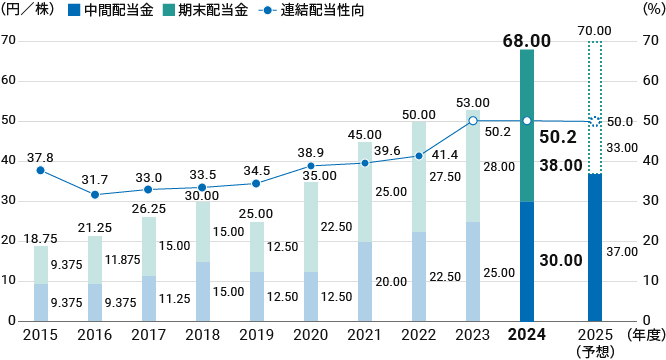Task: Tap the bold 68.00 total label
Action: pyautogui.click(x=526, y=41)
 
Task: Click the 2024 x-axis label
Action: pyautogui.click(x=526, y=334)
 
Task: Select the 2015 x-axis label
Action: pyautogui.click(x=40, y=334)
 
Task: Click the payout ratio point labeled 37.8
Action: pyautogui.click(x=40, y=170)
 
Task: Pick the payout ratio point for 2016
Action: pyautogui.click(x=94, y=194)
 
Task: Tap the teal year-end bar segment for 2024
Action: pyautogui.click(x=526, y=125)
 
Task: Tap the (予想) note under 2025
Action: pyautogui.click(x=595, y=351)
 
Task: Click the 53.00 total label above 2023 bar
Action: pyautogui.click(x=472, y=103)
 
